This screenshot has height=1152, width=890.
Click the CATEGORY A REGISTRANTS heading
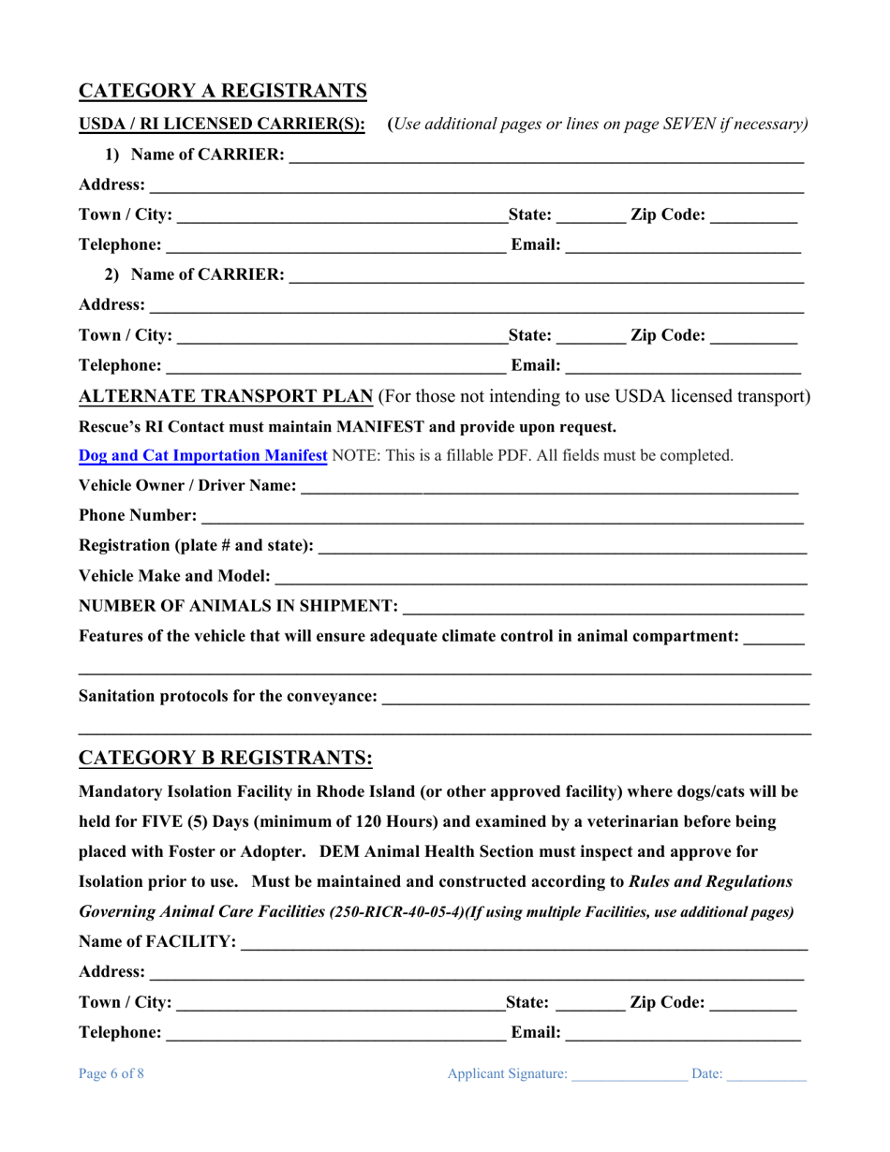click(x=222, y=91)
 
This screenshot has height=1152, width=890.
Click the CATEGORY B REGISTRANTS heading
click(x=225, y=757)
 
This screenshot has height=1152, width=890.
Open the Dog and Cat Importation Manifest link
click(x=203, y=456)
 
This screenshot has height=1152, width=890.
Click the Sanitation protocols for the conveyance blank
click(x=596, y=699)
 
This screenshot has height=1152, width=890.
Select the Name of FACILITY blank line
click(x=524, y=943)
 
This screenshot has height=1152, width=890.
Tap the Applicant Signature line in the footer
click(x=630, y=1076)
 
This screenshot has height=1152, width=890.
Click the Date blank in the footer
click(x=766, y=1076)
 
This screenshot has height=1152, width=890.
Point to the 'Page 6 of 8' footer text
click(x=111, y=1075)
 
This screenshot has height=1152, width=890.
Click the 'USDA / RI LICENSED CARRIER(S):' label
click(x=222, y=124)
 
